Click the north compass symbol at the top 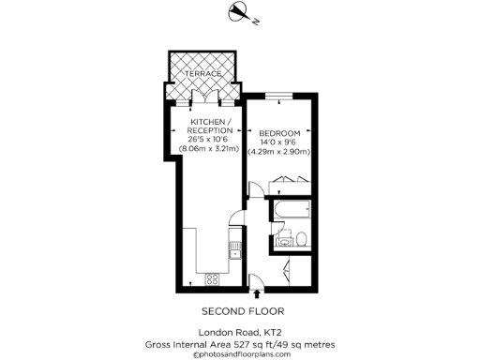click(x=239, y=12)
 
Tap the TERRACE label click(x=202, y=73)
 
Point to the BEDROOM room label click(x=278, y=131)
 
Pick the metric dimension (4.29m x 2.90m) click(x=278, y=152)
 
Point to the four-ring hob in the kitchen click(x=212, y=278)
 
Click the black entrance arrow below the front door click(x=258, y=295)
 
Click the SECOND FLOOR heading click(x=242, y=311)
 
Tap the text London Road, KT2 click(x=242, y=333)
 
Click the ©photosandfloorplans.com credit click(x=241, y=354)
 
